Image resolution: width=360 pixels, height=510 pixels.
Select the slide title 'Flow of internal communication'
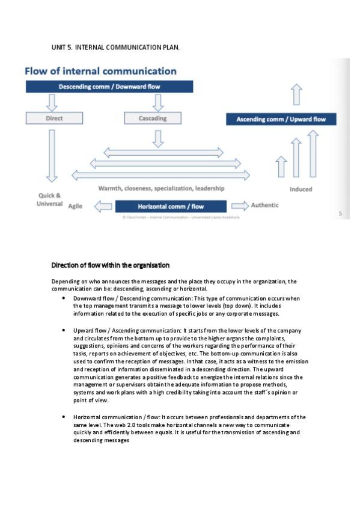tap(100, 72)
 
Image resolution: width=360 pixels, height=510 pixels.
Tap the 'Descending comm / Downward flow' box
tap(109, 87)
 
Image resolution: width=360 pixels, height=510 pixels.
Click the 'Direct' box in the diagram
tap(54, 118)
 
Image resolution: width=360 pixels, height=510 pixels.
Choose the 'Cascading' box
tap(153, 118)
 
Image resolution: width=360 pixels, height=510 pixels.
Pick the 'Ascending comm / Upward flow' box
tap(281, 119)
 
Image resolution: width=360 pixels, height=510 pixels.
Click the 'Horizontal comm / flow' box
tap(171, 206)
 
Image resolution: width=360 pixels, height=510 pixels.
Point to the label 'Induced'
tap(301, 189)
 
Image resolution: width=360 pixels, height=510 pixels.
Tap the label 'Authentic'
tap(264, 205)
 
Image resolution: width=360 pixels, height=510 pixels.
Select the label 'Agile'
tap(75, 206)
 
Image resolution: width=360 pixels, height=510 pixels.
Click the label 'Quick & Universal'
tap(50, 200)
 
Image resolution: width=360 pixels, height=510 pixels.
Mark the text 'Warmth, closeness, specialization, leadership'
tap(161, 188)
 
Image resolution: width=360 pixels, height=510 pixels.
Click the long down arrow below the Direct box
tap(52, 155)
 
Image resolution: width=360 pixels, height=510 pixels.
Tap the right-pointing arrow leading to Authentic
tap(238, 206)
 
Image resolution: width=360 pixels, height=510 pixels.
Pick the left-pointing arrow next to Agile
tap(103, 206)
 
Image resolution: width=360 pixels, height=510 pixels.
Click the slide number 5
tap(340, 214)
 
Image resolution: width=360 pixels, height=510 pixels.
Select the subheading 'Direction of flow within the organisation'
tap(110, 265)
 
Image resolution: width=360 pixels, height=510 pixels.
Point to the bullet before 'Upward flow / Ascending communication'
tap(64, 331)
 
